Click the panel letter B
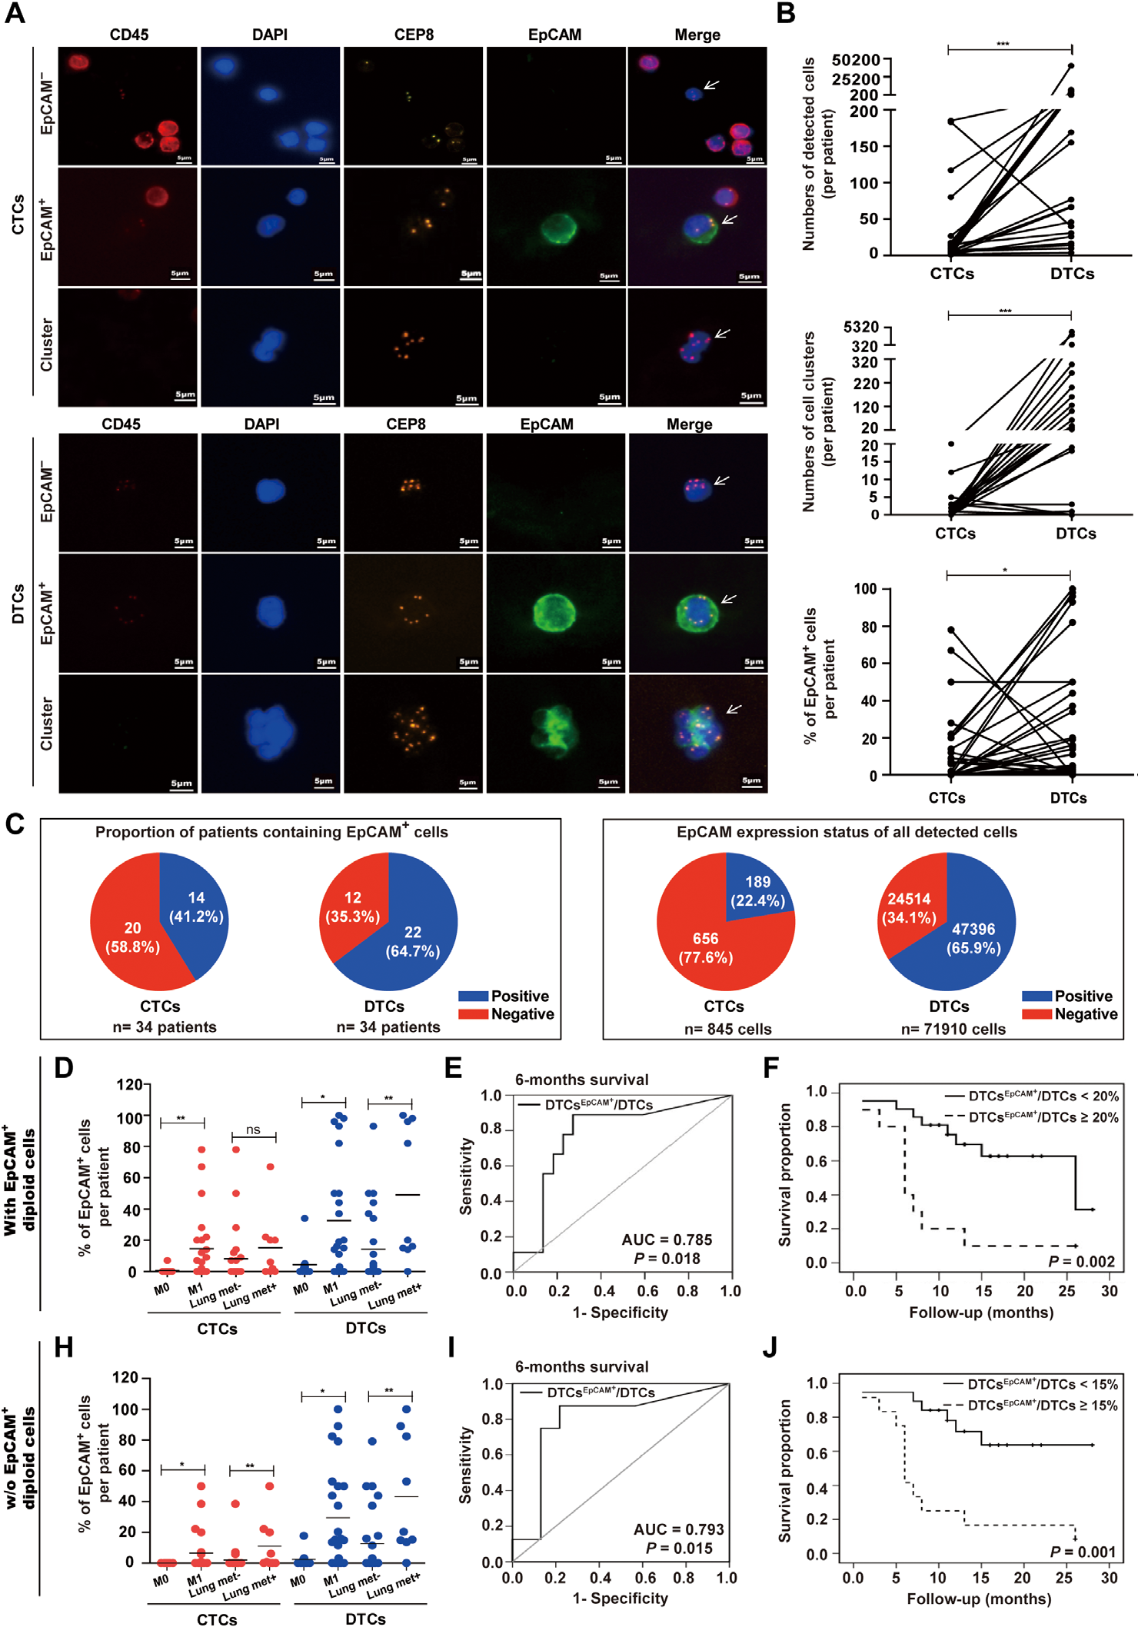coord(786,13)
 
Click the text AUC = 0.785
coord(667,1239)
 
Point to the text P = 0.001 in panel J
coord(1083,1552)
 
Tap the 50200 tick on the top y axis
coord(855,60)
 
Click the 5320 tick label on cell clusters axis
coord(860,328)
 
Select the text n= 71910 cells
coord(953,1029)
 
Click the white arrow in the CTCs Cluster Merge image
coord(723,333)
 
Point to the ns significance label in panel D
coord(253,1130)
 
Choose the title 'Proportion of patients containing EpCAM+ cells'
coord(271,832)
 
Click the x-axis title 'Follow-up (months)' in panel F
coord(981,1312)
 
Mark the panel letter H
coord(64,1347)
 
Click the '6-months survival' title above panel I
coord(581,1366)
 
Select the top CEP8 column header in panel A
coord(414,35)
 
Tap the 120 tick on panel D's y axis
coord(129,1084)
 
